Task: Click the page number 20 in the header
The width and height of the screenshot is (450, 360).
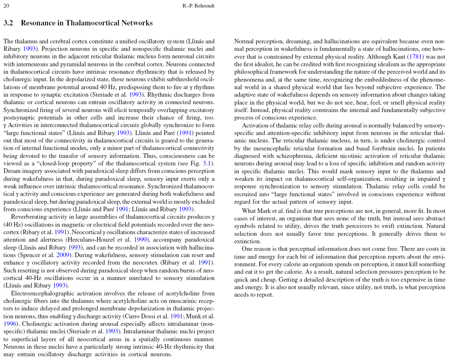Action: pyautogui.click(x=6, y=6)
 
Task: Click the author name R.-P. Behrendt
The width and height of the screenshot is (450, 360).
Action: pyautogui.click(x=199, y=6)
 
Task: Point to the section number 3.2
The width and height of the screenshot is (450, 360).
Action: pyautogui.click(x=8, y=23)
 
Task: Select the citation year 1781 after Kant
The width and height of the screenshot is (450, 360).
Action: pyautogui.click(x=415, y=57)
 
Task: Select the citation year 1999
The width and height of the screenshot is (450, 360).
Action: pyautogui.click(x=140, y=240)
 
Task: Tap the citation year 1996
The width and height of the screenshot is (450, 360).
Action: pyautogui.click(x=10, y=323)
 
